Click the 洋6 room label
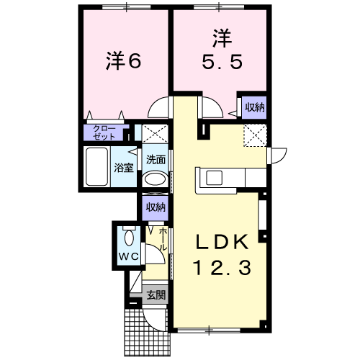(123, 62)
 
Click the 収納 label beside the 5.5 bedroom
(254, 107)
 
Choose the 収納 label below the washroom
(156, 207)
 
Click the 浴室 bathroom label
(124, 168)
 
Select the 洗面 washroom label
(156, 159)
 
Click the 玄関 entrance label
(156, 295)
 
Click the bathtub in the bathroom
(97, 168)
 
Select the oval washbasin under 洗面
(155, 180)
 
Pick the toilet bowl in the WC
(129, 238)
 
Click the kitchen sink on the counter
(216, 178)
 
